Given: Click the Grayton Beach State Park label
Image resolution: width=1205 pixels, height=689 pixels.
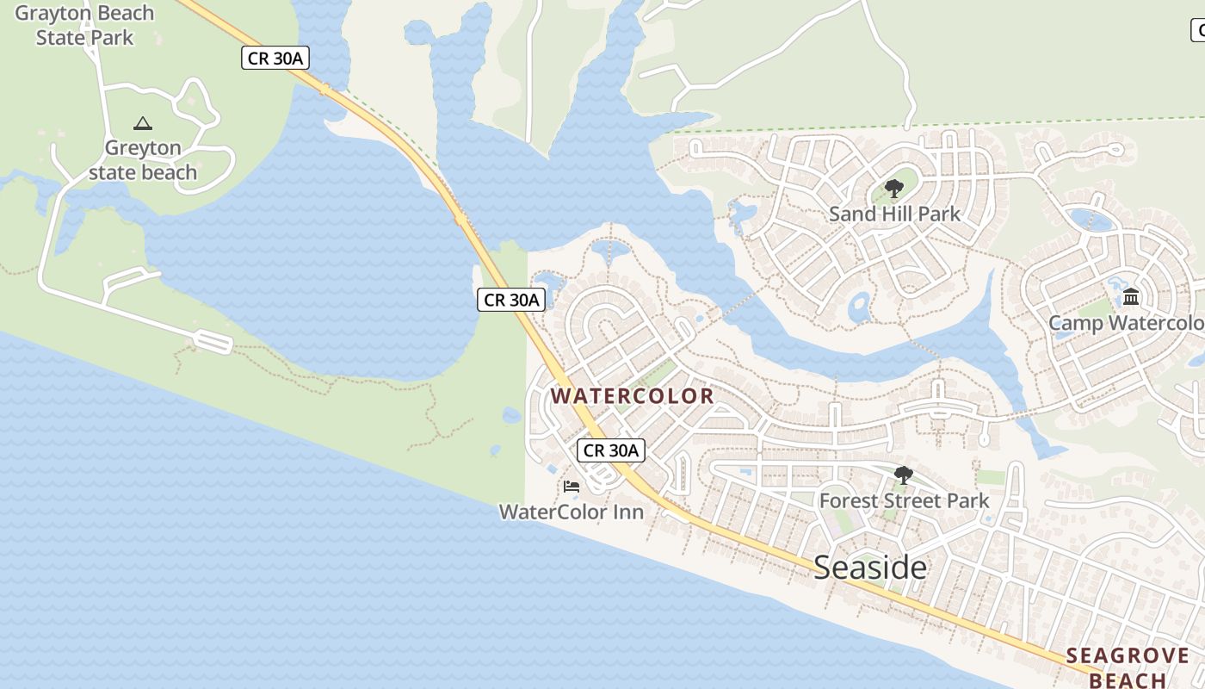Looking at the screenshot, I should click(x=84, y=25).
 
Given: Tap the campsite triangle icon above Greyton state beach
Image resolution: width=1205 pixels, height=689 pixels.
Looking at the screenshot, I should click(x=143, y=124).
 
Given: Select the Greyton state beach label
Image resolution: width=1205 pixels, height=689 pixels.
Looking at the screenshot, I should click(x=143, y=160).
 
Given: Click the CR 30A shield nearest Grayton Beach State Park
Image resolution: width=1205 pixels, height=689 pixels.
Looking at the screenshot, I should click(x=275, y=59).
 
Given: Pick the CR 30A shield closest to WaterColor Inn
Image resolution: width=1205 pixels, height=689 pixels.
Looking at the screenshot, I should click(x=611, y=450).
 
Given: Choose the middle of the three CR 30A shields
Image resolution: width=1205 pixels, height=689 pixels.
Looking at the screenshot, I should click(x=511, y=300).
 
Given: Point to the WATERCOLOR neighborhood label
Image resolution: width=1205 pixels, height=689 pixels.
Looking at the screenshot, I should click(x=633, y=396).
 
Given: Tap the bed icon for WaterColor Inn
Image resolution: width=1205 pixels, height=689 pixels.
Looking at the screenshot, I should click(x=572, y=487).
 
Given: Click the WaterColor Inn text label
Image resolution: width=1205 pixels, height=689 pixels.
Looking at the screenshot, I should click(x=572, y=512).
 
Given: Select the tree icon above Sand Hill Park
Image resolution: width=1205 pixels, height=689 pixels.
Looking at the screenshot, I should click(x=894, y=189).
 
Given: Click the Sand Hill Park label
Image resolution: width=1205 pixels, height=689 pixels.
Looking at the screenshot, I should click(x=894, y=214).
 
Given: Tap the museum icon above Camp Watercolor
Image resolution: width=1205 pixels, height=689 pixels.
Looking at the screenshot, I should click(x=1131, y=298).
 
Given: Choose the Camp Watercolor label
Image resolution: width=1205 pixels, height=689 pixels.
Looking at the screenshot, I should click(x=1126, y=323).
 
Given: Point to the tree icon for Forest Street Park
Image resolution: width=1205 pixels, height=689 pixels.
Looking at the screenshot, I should click(x=904, y=475).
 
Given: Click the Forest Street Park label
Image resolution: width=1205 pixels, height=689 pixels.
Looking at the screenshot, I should click(x=904, y=500).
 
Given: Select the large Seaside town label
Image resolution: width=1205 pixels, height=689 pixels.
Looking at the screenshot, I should click(x=870, y=568).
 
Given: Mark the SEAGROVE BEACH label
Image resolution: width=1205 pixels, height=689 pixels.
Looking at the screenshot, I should click(x=1128, y=667).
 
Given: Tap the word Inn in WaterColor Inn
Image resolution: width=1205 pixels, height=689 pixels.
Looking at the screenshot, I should click(x=627, y=512).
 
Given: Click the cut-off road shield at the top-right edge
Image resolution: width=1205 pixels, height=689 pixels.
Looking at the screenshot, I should click(x=1197, y=31).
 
